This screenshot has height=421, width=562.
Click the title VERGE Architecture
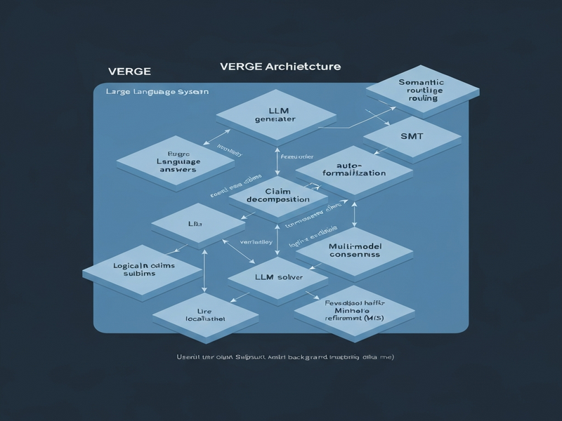pyautogui.click(x=280, y=67)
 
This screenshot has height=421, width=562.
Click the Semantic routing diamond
pyautogui.click(x=422, y=90)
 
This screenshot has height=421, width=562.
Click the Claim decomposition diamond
pyautogui.click(x=278, y=195)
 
